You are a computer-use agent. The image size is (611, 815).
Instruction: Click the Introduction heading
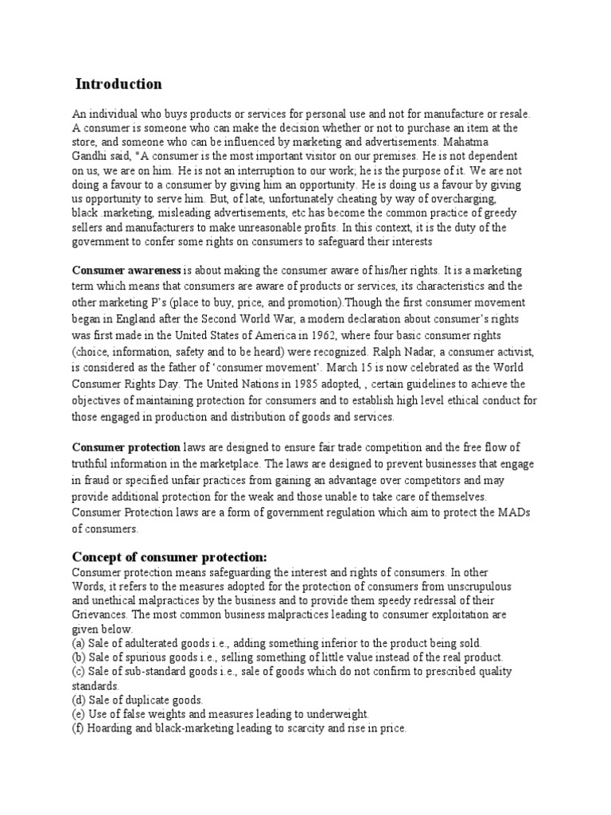(119, 84)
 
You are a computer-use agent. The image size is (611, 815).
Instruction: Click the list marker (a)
(79, 643)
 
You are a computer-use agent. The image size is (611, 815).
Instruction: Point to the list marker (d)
(79, 700)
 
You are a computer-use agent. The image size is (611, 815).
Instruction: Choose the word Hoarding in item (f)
(112, 729)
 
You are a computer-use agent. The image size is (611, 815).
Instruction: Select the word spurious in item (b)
(150, 657)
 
